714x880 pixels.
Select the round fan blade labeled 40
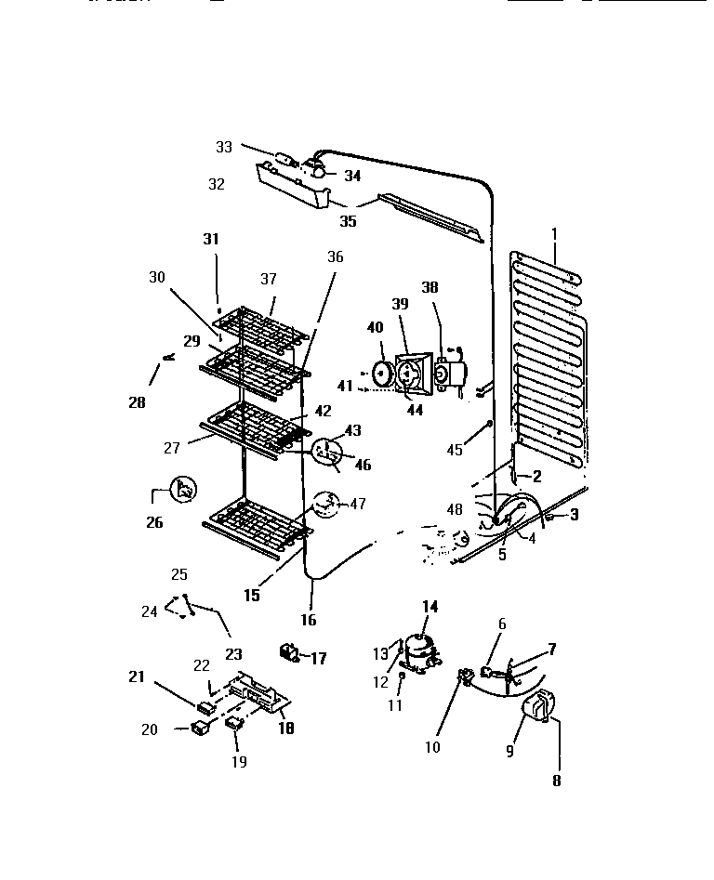pyautogui.click(x=381, y=374)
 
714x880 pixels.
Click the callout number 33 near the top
pyautogui.click(x=224, y=147)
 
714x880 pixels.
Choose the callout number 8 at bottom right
pyautogui.click(x=556, y=781)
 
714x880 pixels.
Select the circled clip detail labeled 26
pyautogui.click(x=184, y=490)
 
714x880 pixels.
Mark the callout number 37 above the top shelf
pyautogui.click(x=269, y=279)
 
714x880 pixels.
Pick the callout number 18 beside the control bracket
pyautogui.click(x=285, y=729)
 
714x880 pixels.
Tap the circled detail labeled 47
pyautogui.click(x=326, y=505)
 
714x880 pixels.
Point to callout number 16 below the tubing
pyautogui.click(x=309, y=620)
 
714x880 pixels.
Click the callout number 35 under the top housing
pyautogui.click(x=348, y=221)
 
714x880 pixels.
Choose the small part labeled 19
pyautogui.click(x=235, y=724)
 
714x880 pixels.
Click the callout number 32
pyautogui.click(x=216, y=184)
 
